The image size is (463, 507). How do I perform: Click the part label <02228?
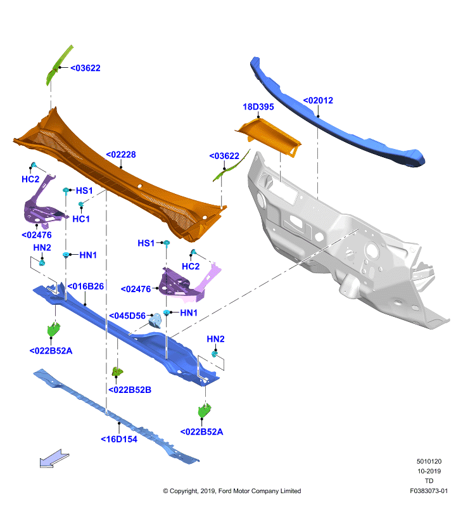point(121,155)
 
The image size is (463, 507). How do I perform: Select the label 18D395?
point(258,106)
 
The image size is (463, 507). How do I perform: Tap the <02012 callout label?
point(318,100)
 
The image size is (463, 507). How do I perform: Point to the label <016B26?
point(86,286)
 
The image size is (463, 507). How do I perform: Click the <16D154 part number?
point(119,439)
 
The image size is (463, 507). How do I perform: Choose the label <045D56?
point(127,316)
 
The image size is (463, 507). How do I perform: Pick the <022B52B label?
point(130,390)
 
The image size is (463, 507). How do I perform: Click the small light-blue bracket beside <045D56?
point(155,321)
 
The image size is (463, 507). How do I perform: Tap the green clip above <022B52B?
point(117,371)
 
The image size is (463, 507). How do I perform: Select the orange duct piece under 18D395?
point(269,137)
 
